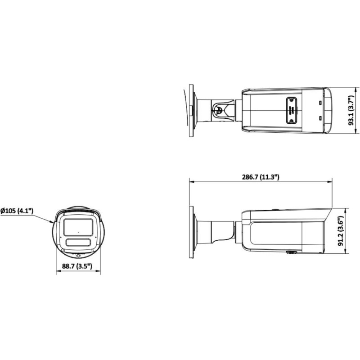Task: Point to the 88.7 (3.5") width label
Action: coord(77,266)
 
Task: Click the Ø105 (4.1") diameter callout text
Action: coord(17,211)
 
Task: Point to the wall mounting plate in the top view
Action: coord(191,109)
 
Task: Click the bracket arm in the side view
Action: coord(216,231)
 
